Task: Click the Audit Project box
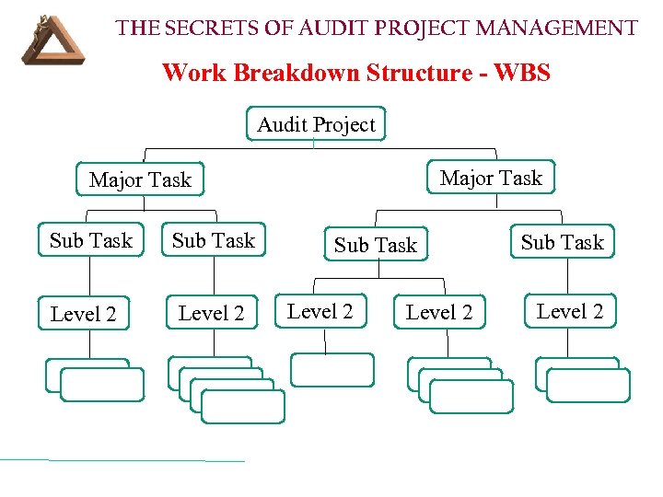point(316,124)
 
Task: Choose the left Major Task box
point(140,179)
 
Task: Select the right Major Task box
point(491,178)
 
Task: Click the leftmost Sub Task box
point(91,240)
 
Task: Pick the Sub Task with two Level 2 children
point(376,245)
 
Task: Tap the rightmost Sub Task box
point(562,242)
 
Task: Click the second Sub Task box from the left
point(214,240)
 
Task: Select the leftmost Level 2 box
point(84,314)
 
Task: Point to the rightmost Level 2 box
point(570,311)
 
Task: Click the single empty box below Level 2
point(332,369)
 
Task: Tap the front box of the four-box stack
point(243,406)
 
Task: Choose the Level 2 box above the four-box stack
point(212,313)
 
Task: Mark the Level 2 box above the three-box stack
point(439,312)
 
